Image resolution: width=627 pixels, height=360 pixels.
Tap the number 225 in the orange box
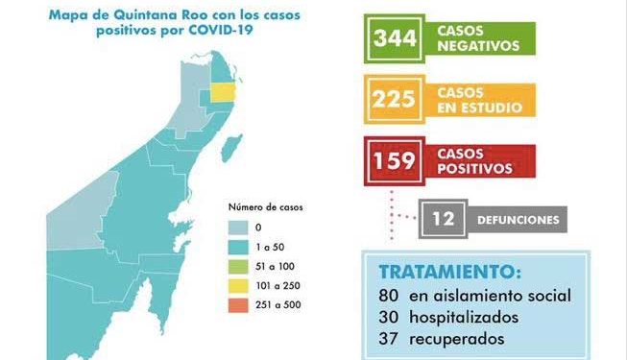(x=396, y=99)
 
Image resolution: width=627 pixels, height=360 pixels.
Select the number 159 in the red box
(x=396, y=159)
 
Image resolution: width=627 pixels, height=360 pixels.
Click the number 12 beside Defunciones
(x=444, y=220)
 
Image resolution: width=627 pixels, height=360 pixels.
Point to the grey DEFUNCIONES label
(x=518, y=220)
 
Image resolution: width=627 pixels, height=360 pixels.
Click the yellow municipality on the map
(x=224, y=92)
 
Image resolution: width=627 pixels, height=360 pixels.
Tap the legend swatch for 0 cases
(x=239, y=226)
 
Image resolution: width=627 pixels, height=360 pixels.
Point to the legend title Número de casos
(x=261, y=206)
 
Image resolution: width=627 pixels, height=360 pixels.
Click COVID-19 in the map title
(x=231, y=31)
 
